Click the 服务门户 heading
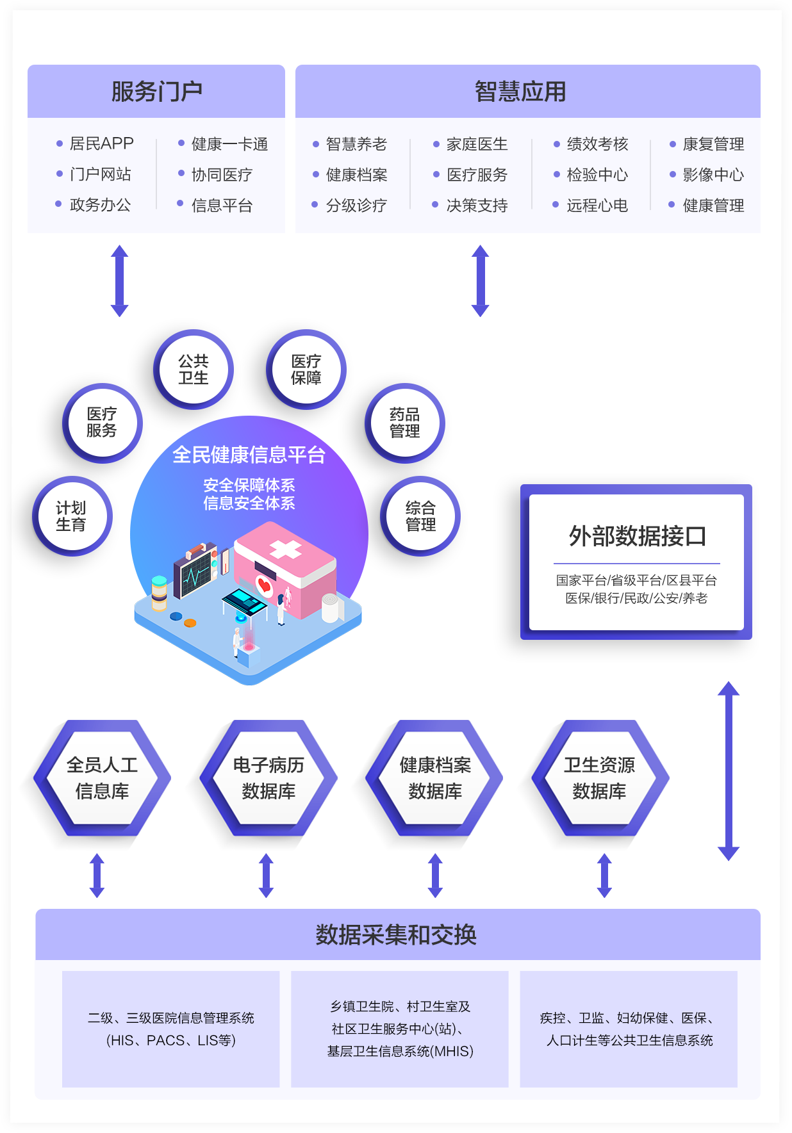[156, 92]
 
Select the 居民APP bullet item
[101, 143]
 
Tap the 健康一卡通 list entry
[229, 144]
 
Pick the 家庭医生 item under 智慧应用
[477, 144]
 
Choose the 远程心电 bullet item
[597, 206]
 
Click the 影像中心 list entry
[713, 175]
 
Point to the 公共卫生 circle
[194, 370]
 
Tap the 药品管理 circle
[405, 423]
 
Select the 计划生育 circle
[72, 516]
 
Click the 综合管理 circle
[420, 516]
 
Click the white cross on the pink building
[285, 549]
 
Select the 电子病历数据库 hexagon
[268, 778]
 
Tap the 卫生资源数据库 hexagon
[600, 778]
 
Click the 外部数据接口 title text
[637, 536]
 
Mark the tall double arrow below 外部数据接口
[729, 770]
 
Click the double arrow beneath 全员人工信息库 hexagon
[97, 876]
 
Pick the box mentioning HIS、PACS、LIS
[171, 1029]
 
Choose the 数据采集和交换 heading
[396, 935]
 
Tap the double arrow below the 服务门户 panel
[120, 281]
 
